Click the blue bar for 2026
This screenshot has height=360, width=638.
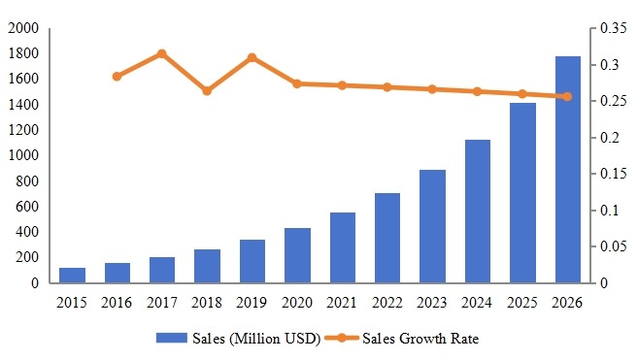pos(568,170)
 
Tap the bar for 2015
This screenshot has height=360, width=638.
pos(72,276)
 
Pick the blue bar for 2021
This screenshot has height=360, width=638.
pos(343,247)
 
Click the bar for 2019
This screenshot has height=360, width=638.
pos(252,261)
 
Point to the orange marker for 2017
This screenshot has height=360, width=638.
pos(161,54)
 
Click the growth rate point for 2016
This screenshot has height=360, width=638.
pos(117,76)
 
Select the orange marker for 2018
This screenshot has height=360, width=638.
pos(207,90)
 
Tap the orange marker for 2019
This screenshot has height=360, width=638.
pos(252,58)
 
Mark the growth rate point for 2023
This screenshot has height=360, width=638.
pos(433,89)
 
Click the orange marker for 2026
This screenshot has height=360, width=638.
pos(568,96)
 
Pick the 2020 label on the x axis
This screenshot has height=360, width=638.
pos(297,304)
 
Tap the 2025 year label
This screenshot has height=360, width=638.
pos(523,304)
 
